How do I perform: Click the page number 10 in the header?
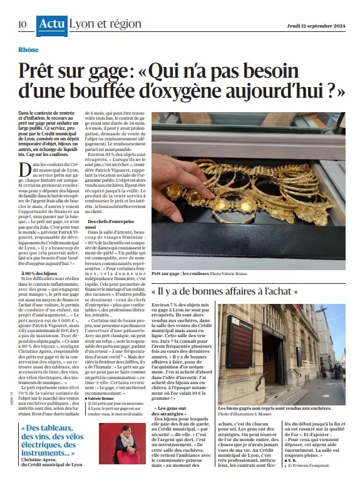point(23,24)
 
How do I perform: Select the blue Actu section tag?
point(51,24)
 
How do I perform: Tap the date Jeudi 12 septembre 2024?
point(312,25)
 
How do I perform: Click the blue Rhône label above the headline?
point(28,50)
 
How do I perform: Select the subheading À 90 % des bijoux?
point(41,256)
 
